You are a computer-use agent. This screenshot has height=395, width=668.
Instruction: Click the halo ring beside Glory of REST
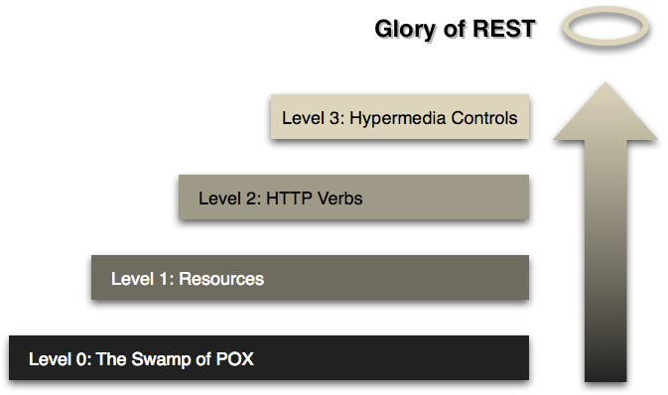point(604,30)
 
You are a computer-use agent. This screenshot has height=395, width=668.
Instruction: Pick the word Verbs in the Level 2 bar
point(339,198)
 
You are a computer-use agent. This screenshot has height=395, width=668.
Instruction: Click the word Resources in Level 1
point(222,279)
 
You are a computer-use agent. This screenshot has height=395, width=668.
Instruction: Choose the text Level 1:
point(141,279)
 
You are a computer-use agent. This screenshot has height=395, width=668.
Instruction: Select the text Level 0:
point(60,359)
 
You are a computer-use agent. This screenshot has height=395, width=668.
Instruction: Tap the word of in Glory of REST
point(450,30)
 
